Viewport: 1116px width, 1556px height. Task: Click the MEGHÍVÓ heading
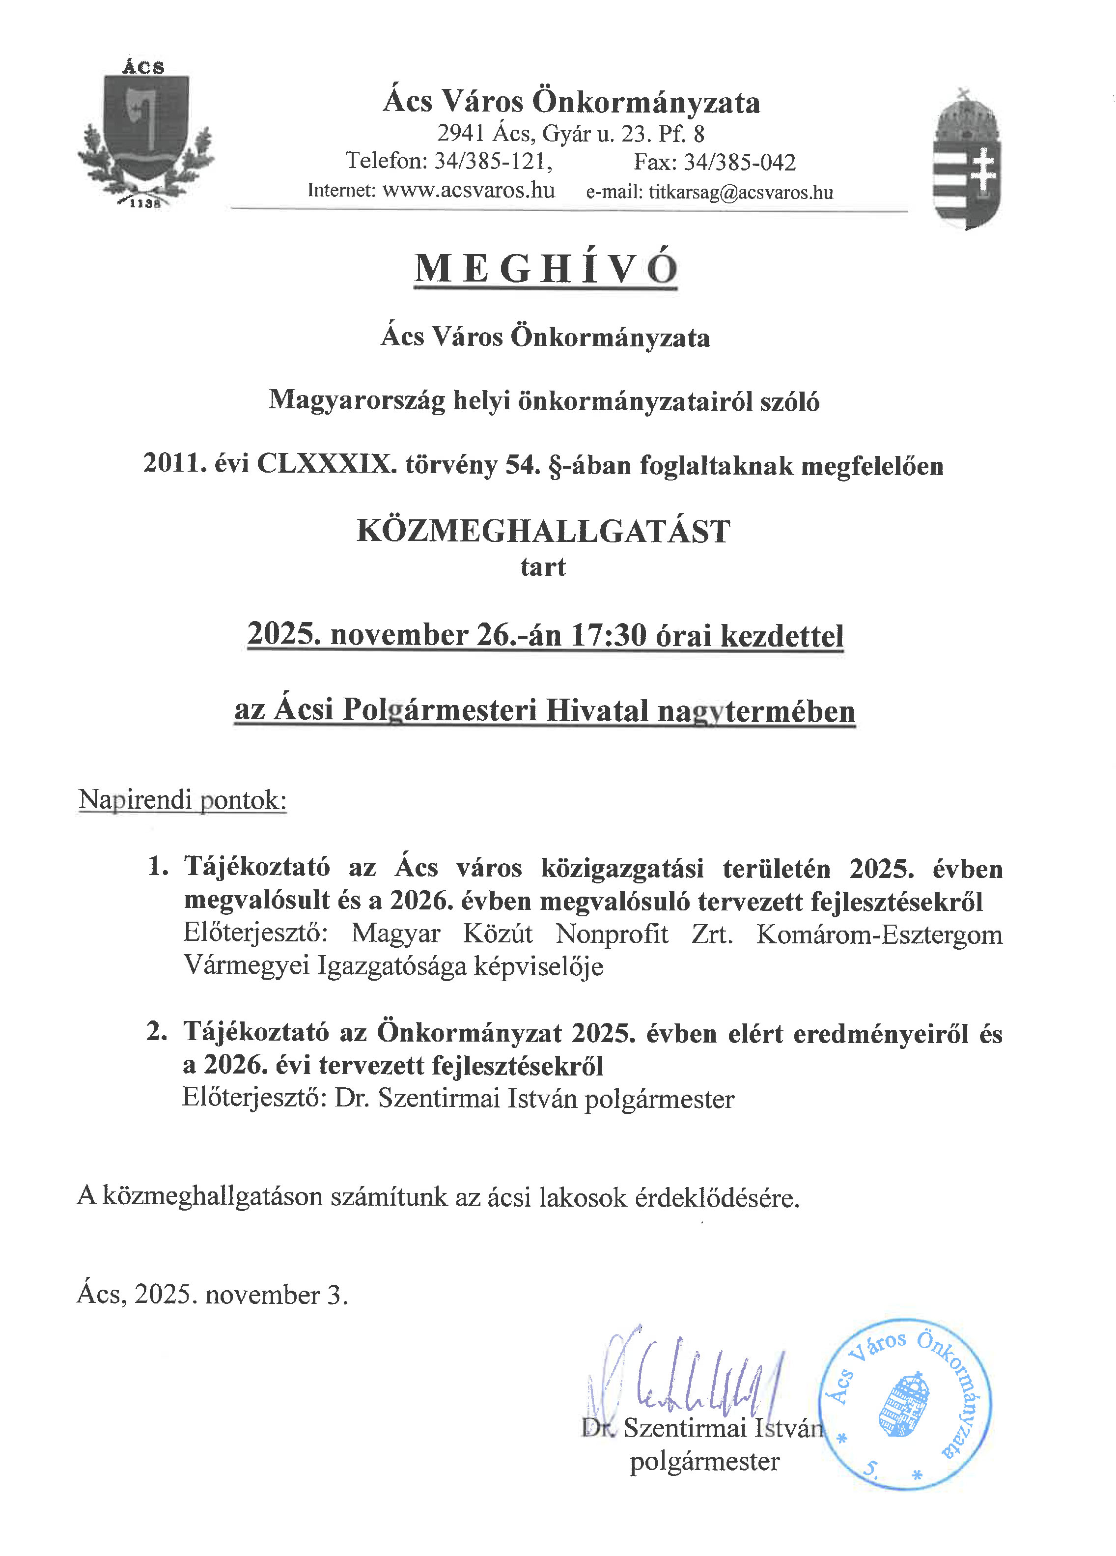[546, 268]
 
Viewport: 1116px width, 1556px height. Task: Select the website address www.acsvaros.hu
[469, 190]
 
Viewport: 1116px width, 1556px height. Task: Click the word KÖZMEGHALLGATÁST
[543, 532]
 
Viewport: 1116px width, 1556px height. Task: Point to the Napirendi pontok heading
[182, 799]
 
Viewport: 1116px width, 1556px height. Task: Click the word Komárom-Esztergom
[879, 934]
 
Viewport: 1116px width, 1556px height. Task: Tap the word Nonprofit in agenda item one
[611, 934]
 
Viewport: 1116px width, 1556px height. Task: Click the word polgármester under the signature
[704, 1461]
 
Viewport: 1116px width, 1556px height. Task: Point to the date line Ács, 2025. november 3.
[213, 1295]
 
